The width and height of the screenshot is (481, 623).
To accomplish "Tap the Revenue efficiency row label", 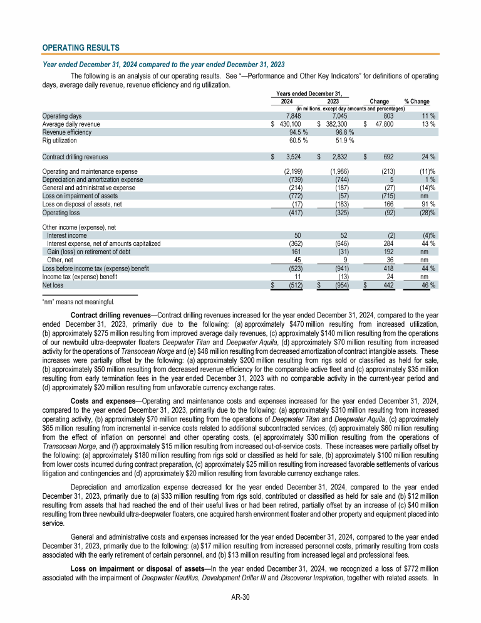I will coord(66,132).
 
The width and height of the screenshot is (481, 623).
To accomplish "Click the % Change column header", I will coord(416,101).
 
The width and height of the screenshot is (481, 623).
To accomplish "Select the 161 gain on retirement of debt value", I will coord(297,252).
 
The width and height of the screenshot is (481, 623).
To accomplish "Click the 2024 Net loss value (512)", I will coord(294,285).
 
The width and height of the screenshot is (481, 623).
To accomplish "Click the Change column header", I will coord(379,101).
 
